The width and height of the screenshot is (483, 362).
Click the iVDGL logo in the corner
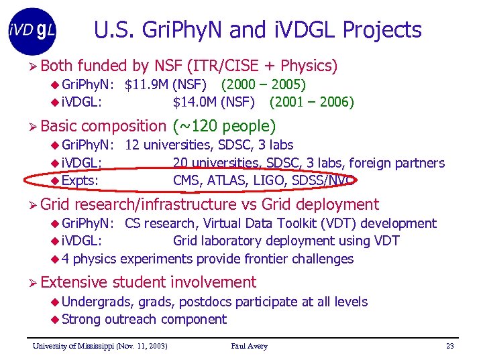tap(33, 31)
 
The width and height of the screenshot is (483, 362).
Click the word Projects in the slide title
tap(382, 30)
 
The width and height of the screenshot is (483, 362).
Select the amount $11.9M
tap(146, 85)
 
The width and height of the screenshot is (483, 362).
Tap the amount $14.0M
tap(195, 103)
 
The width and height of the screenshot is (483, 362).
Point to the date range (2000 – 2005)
tap(263, 85)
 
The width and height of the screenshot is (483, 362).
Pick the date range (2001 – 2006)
tap(311, 103)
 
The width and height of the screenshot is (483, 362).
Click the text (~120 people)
tap(224, 126)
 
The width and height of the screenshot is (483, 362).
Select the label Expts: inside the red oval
tap(80, 180)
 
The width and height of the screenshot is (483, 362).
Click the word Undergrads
tap(95, 302)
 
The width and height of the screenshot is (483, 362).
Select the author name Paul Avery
tap(249, 347)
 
